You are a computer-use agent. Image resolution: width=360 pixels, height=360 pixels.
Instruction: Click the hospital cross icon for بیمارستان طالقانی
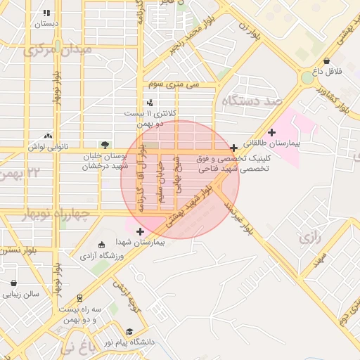272,132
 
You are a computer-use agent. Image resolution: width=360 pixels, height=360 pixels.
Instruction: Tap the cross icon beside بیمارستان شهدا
141,231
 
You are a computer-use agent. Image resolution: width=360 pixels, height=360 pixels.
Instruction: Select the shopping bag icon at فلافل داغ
328,61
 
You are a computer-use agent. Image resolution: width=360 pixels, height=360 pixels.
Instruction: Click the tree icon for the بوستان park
105,145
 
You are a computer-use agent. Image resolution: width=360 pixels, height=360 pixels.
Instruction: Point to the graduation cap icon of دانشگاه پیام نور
129,332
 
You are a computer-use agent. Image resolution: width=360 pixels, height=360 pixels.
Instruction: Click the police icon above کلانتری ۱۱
150,103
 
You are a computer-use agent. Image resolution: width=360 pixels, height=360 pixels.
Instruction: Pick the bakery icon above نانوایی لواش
48,136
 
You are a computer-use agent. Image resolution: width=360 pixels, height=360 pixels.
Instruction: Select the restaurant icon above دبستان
46,13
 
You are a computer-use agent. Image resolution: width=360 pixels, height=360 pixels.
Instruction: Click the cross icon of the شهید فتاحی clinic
234,148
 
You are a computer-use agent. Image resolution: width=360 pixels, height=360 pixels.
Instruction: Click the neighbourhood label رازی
309,238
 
